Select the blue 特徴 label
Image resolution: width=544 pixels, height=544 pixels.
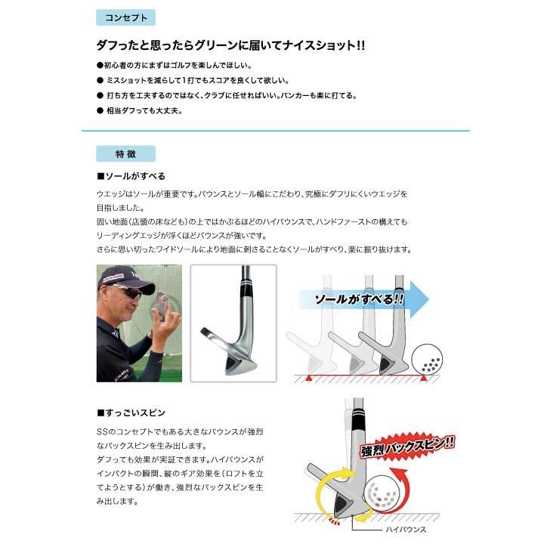[125, 153]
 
